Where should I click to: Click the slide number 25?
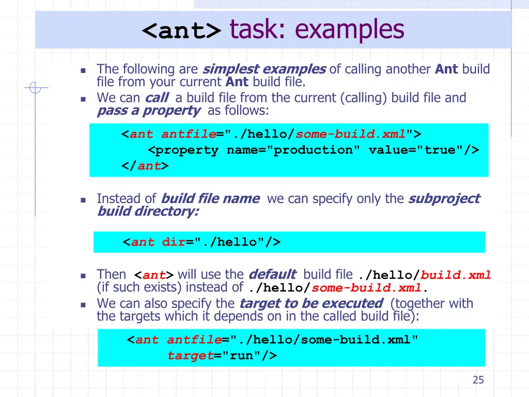[x=478, y=380]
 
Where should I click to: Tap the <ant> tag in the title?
[x=181, y=30]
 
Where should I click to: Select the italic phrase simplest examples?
[x=264, y=69]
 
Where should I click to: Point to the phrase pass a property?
[x=148, y=111]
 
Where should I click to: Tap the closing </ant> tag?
[x=145, y=166]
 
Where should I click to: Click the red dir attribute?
[x=174, y=242]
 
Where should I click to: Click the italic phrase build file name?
[x=210, y=198]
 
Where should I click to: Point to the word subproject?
[x=444, y=198]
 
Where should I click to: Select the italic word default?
[x=272, y=274]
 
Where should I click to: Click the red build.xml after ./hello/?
[x=456, y=275]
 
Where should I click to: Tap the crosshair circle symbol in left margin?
[x=35, y=88]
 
